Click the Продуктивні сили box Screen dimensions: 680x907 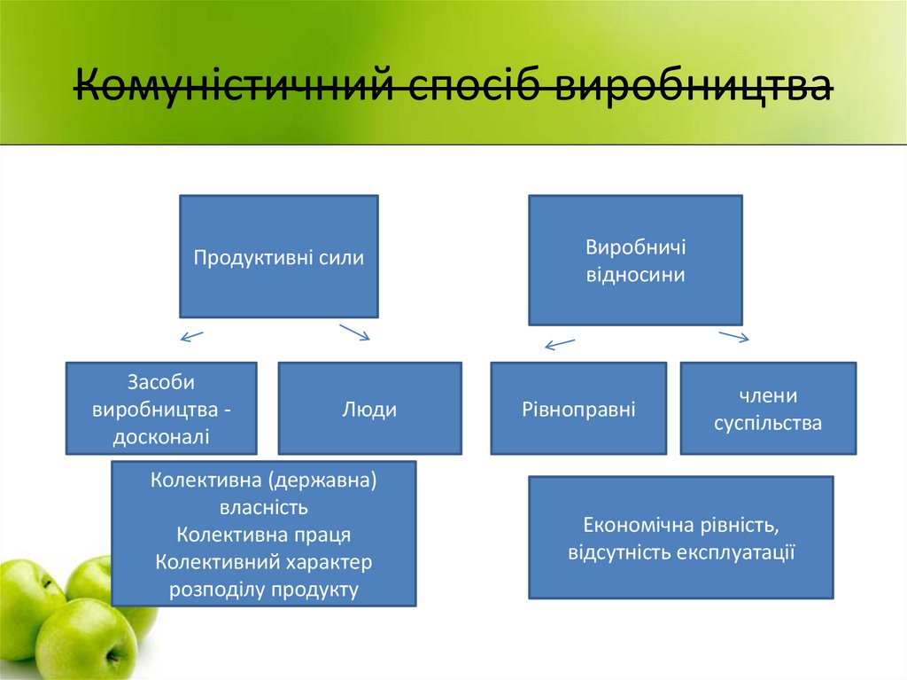pyautogui.click(x=279, y=257)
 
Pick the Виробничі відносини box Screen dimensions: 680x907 pyautogui.click(x=635, y=261)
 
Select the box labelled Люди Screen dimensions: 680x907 pyautogui.click(x=369, y=409)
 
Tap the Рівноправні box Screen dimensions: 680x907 pyautogui.click(x=578, y=409)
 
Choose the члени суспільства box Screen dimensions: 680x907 pyautogui.click(x=768, y=409)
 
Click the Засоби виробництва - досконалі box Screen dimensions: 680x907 pyautogui.click(x=161, y=409)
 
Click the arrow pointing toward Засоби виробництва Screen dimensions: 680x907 pyautogui.click(x=192, y=336)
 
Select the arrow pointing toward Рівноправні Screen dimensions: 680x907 pyautogui.click(x=560, y=344)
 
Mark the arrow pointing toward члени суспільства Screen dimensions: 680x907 pyautogui.click(x=734, y=336)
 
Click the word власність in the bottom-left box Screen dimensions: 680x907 pyautogui.click(x=263, y=508)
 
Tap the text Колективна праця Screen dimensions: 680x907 pyautogui.click(x=263, y=535)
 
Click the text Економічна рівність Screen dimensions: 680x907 pyautogui.click(x=680, y=525)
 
